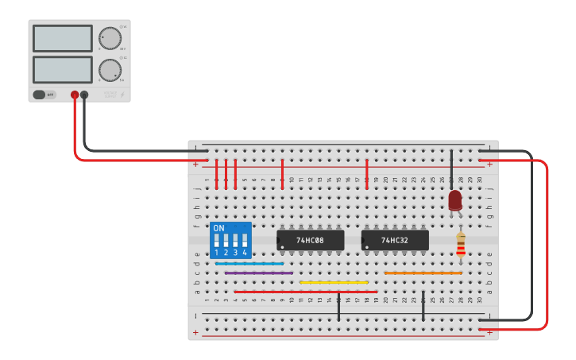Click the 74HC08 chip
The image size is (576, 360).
[310, 240]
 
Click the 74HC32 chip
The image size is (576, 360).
[395, 240]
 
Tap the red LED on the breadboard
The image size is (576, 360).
[454, 200]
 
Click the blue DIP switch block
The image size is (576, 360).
[230, 239]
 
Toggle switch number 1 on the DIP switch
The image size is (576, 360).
[216, 241]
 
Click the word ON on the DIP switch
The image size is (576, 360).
[219, 228]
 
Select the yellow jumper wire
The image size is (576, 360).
[334, 282]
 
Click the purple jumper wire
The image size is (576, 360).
[258, 273]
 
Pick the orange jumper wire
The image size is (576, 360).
[423, 273]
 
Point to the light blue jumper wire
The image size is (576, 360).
[249, 263]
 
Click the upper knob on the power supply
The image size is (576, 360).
[109, 38]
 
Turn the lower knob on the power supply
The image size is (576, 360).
[109, 70]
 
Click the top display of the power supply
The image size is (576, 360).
[63, 38]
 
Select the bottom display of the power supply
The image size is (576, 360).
[63, 69]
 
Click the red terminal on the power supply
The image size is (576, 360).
[75, 95]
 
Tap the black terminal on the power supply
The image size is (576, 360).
[84, 95]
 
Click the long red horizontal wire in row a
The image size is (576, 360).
[306, 292]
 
